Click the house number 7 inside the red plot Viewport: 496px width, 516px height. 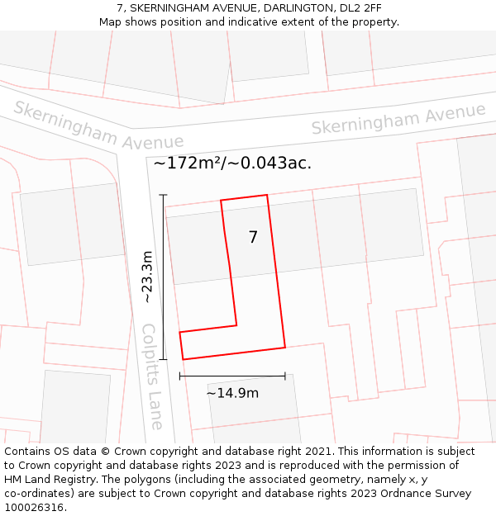[x=253, y=238]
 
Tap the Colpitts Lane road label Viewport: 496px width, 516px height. [x=152, y=376]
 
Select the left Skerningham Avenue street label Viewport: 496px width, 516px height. [x=98, y=126]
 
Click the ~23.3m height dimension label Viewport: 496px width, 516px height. [x=147, y=277]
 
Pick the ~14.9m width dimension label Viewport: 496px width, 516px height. [x=232, y=393]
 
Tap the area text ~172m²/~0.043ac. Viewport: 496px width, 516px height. [x=232, y=163]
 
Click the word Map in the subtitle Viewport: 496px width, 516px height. [x=111, y=21]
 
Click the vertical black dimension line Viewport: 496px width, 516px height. [x=164, y=277]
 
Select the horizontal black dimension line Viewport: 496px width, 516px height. [x=232, y=376]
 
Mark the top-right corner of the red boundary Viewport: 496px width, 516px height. [x=267, y=195]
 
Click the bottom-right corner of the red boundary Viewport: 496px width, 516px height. [x=285, y=347]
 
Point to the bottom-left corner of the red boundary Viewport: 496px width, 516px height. [x=182, y=359]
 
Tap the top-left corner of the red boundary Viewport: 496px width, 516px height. [x=221, y=201]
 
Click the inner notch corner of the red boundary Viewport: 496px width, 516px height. [x=237, y=324]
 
